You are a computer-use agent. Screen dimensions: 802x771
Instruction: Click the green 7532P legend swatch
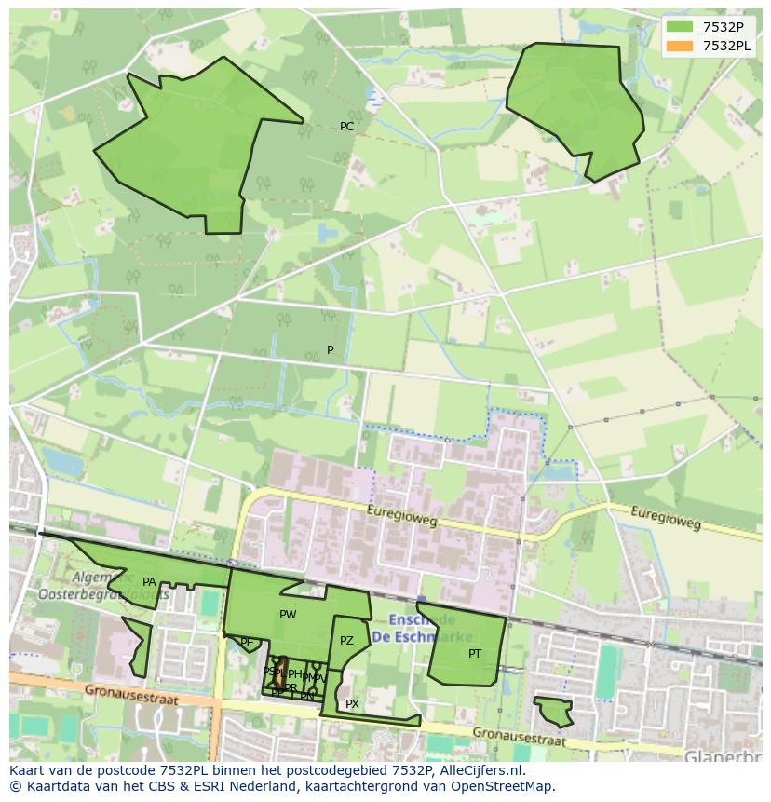pos(680,27)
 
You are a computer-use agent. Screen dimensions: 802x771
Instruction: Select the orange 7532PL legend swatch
pos(680,46)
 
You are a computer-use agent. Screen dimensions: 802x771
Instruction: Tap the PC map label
pos(346,127)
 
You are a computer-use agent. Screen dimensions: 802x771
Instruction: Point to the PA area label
pos(149,582)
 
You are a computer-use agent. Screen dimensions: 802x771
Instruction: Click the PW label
pos(288,615)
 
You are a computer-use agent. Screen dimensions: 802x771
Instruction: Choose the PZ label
pos(346,641)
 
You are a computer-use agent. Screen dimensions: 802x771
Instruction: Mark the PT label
pos(475,654)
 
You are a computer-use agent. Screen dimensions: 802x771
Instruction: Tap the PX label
pos(352,704)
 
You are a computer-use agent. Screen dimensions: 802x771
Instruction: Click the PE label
pos(247,643)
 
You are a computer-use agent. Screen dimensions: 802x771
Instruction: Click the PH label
pos(294,674)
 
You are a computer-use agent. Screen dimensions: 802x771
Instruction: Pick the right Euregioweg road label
pos(665,518)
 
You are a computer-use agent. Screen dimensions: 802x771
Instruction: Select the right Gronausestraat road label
pos(518,738)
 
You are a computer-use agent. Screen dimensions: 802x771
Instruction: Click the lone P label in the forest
pos(330,350)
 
